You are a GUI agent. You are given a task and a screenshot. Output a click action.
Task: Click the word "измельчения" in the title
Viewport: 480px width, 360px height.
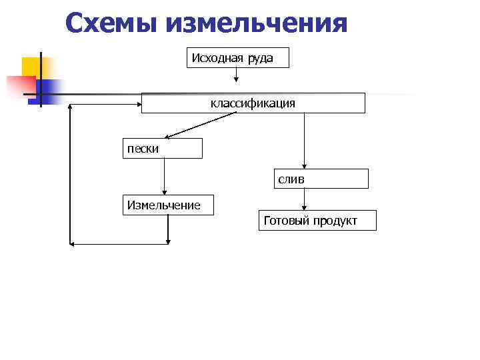click(257, 23)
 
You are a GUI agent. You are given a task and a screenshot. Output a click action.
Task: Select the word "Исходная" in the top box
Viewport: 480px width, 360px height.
click(218, 58)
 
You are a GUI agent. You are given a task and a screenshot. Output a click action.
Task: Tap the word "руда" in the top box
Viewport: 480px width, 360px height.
click(261, 58)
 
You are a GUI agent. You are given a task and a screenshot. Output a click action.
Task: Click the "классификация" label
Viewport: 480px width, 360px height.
click(253, 103)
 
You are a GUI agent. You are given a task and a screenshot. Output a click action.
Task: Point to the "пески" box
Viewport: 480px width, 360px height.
click(162, 149)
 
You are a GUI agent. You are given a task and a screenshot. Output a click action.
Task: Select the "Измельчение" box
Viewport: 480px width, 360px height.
click(167, 205)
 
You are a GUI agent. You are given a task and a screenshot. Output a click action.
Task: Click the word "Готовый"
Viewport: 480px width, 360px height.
click(286, 221)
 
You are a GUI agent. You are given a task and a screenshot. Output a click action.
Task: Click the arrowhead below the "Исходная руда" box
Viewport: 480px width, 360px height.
click(236, 78)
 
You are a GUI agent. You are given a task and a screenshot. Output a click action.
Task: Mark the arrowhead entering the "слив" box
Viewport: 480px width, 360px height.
click(304, 167)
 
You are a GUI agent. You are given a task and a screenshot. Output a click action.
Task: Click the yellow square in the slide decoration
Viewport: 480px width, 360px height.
click(31, 66)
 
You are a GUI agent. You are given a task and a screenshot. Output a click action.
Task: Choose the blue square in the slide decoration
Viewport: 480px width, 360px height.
click(48, 89)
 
